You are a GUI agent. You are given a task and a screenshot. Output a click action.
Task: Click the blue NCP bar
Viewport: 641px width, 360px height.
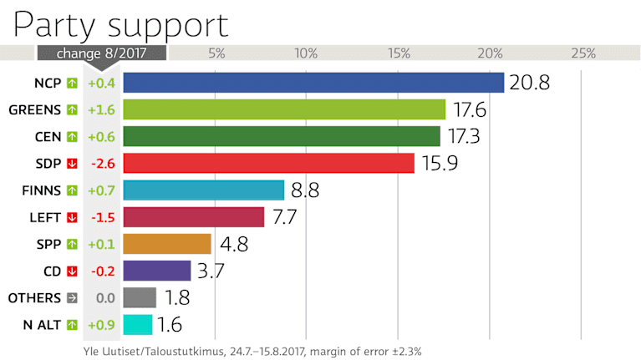[x=313, y=83]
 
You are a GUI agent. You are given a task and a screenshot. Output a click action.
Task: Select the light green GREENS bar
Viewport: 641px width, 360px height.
[x=284, y=109]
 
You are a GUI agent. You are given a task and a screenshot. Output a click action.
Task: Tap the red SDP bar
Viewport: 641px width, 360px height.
[x=268, y=163]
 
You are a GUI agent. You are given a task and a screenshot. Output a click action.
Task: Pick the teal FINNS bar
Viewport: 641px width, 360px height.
[x=204, y=190]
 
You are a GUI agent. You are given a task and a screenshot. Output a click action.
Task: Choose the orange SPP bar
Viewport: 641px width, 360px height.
[x=167, y=244]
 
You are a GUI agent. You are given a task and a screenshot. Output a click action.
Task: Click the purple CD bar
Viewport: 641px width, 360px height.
[x=157, y=271]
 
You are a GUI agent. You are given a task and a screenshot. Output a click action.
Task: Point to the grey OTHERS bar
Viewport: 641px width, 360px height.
[x=140, y=297]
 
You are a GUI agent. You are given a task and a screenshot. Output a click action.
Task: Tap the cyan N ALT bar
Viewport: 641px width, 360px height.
[x=138, y=324]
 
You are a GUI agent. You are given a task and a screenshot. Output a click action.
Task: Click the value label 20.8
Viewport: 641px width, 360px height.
[x=532, y=84]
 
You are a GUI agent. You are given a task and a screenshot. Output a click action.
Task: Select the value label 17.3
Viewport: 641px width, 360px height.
[x=468, y=137]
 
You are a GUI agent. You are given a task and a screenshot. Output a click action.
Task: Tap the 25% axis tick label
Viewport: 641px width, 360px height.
[x=582, y=53]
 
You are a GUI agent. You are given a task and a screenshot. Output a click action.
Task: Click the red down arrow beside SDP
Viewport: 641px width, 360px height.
[x=72, y=164]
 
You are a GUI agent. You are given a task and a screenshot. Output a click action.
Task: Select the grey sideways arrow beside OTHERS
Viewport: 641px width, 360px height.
[x=72, y=298]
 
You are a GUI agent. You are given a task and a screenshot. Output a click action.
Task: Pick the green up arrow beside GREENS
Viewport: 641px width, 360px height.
[x=72, y=110]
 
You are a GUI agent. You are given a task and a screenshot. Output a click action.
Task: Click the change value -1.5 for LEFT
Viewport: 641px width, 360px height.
[x=100, y=217]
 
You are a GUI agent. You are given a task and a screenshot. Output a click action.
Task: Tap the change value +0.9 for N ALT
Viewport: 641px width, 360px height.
[x=100, y=325]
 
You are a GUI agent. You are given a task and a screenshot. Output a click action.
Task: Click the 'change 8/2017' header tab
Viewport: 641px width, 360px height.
[x=100, y=53]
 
